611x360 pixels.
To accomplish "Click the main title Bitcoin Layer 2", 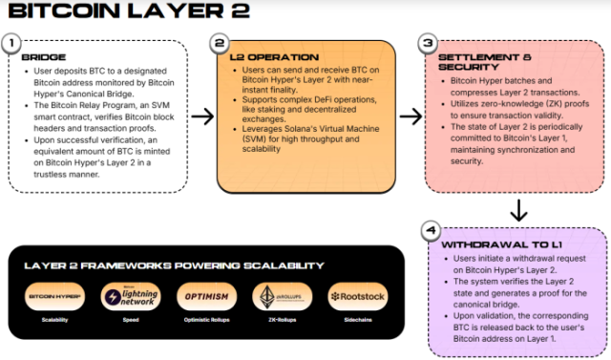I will pos(128,12).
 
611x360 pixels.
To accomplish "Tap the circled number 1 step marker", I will pos(11,44).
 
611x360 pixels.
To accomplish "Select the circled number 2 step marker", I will pos(221,44).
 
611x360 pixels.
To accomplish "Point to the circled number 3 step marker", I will pos(428,44).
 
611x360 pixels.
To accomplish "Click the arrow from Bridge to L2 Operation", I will pos(201,116).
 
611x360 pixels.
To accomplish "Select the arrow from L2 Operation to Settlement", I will pos(410,116).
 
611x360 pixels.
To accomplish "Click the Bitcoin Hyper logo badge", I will pos(56,297).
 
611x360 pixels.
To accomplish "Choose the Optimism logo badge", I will pos(202,297).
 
